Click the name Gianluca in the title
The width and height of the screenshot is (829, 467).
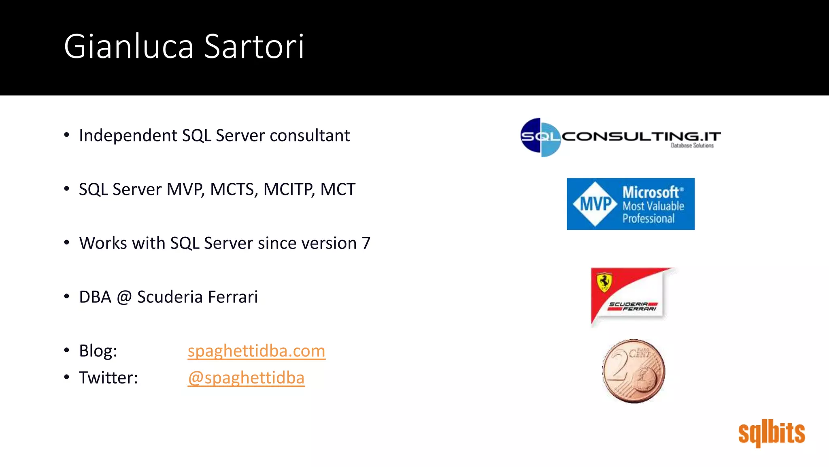129,47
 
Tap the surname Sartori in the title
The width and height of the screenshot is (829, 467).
254,47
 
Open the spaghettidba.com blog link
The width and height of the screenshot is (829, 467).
256,351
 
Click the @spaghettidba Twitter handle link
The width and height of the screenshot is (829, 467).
246,378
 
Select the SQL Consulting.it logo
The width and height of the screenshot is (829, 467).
621,137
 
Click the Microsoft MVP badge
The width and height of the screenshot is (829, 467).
631,204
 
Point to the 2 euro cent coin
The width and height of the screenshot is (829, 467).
633,371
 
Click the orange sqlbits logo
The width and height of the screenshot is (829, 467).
772,433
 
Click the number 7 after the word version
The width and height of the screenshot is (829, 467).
366,243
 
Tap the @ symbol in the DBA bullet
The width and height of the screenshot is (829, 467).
124,297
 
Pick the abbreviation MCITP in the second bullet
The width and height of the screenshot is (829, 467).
289,189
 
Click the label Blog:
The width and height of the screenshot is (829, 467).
98,351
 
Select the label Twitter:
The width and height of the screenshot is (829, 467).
108,378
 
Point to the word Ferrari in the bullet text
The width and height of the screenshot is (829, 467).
233,297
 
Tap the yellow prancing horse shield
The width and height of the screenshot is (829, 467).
604,282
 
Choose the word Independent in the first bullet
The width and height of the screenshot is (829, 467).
128,135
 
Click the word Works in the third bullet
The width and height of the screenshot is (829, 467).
103,243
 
